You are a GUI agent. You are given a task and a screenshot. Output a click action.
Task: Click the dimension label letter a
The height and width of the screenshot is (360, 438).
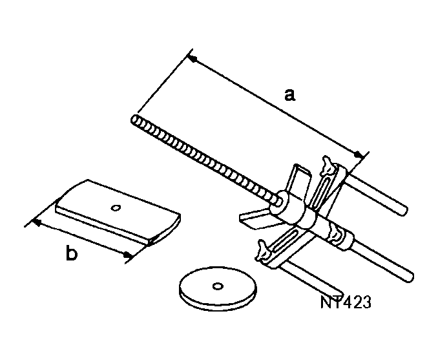point(290,95)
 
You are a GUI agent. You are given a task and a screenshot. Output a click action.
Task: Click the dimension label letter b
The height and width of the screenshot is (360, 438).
point(72,254)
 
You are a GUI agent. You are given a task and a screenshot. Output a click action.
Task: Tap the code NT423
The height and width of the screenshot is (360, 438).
point(345,302)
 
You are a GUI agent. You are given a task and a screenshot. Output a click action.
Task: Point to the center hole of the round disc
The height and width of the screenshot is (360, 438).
point(218,285)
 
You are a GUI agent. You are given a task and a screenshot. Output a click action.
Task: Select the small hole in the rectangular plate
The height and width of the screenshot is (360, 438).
point(116,207)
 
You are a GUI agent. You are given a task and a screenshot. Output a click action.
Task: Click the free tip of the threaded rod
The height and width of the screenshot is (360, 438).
point(134,119)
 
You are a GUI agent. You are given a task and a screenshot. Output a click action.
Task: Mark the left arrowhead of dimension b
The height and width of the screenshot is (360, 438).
point(36,222)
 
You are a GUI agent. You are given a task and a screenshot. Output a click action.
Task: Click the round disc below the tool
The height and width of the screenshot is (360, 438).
point(218,288)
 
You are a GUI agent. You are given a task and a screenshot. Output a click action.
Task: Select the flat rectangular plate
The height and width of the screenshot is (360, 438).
point(116,213)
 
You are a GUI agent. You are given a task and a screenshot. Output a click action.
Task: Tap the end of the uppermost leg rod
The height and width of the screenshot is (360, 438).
point(404,210)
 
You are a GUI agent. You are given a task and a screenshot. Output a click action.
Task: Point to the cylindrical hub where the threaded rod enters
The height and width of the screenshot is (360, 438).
point(285,205)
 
